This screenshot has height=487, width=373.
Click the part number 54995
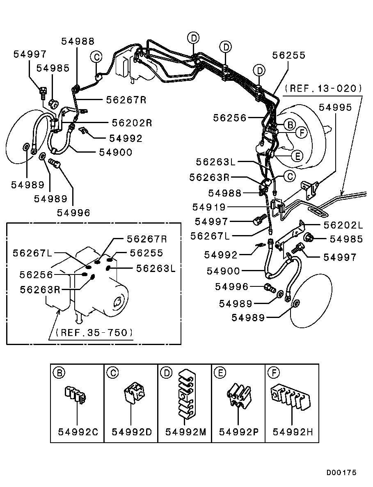[336, 107]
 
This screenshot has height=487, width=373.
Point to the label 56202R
[132, 123]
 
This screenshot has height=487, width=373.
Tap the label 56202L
[343, 225]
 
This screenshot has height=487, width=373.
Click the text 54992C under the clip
[78, 432]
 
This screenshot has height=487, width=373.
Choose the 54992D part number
[131, 432]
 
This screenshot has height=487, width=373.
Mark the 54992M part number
[185, 432]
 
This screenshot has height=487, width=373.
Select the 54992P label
[239, 432]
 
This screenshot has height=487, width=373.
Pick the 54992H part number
[293, 432]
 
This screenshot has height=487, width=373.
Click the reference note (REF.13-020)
[323, 88]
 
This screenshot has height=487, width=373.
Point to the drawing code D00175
[341, 473]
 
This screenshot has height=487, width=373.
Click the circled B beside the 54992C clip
[59, 373]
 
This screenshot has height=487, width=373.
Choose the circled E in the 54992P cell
[220, 373]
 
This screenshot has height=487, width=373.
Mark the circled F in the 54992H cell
[273, 373]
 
